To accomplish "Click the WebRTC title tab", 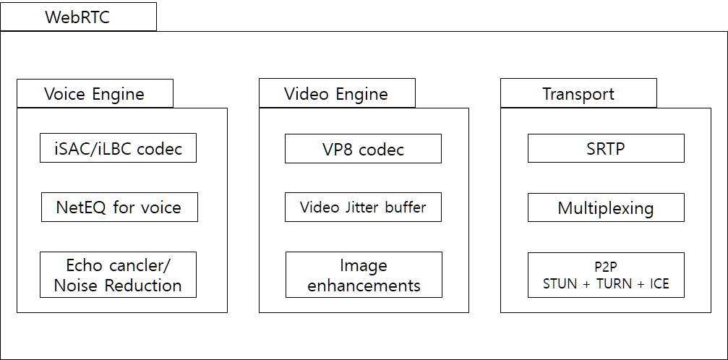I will tap(78, 17).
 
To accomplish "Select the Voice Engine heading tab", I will tap(95, 94).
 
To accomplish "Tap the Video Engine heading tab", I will tap(337, 94).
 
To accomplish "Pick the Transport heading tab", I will tap(578, 94).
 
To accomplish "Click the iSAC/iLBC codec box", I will tap(118, 149).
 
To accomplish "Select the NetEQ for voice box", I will tap(119, 208).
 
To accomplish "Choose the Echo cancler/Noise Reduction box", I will tap(118, 275).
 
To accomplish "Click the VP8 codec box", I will tap(363, 150).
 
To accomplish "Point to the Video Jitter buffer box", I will tap(363, 208).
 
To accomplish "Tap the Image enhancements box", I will tap(364, 275).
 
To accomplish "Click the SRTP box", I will tap(606, 149).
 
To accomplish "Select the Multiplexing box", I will tap(606, 208).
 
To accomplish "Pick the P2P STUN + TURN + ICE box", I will tap(606, 275).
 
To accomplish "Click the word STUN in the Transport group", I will tap(560, 284).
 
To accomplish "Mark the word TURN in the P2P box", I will tap(614, 284).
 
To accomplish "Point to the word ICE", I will tap(659, 284).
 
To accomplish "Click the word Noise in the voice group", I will tap(74, 286).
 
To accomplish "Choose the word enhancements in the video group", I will tap(364, 286).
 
